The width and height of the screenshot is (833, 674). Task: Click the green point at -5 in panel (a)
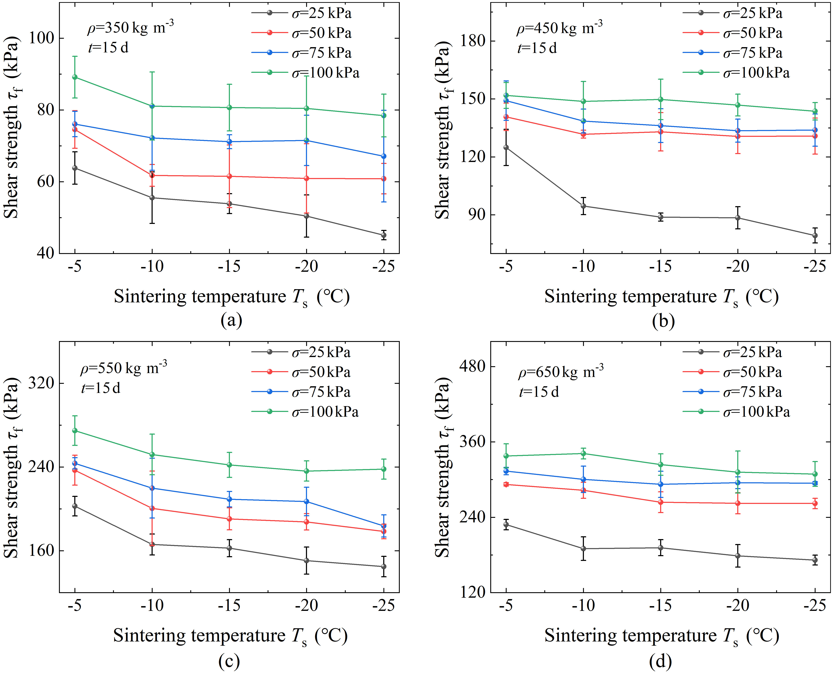tap(75, 77)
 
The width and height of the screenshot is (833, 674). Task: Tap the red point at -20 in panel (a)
tap(306, 178)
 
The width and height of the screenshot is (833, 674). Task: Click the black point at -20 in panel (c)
tap(306, 560)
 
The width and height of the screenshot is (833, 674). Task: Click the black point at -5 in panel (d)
tap(506, 524)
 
